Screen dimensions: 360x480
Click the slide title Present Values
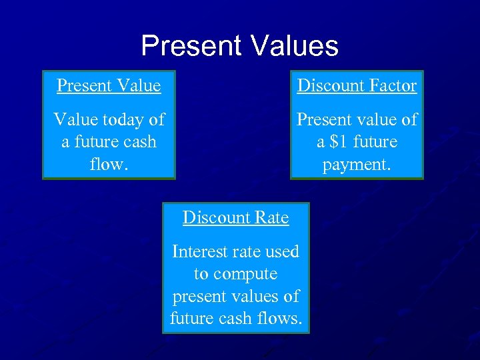239,46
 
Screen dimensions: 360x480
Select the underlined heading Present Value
109,86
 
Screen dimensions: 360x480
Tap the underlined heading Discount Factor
357,86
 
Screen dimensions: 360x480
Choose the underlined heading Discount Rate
235,218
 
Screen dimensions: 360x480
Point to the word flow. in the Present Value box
108,164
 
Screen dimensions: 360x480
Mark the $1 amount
345,142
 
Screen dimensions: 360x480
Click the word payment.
357,164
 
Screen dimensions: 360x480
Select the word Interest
199,251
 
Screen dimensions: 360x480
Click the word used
283,251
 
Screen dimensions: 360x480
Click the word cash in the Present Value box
141,142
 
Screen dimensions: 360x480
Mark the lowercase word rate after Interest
247,251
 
